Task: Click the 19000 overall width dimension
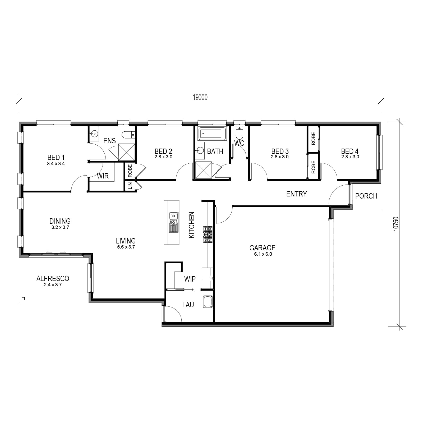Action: (200, 97)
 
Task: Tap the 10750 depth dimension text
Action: (396, 224)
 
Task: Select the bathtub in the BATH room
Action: (212, 134)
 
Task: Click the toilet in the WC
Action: (239, 133)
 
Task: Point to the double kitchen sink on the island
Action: (173, 222)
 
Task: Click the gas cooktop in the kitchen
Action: (208, 234)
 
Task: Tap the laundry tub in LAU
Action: (208, 302)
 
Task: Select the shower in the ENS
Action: (127, 152)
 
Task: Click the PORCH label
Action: (366, 196)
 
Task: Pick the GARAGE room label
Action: (262, 248)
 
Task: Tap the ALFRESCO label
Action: (53, 278)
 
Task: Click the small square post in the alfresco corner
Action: (23, 299)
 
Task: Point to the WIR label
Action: (103, 176)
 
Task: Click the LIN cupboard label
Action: (130, 186)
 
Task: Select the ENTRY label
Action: (297, 194)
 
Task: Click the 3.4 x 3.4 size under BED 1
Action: (56, 164)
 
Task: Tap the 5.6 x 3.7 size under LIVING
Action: (126, 247)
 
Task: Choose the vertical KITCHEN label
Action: (191, 225)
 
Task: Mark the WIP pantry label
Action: (190, 279)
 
